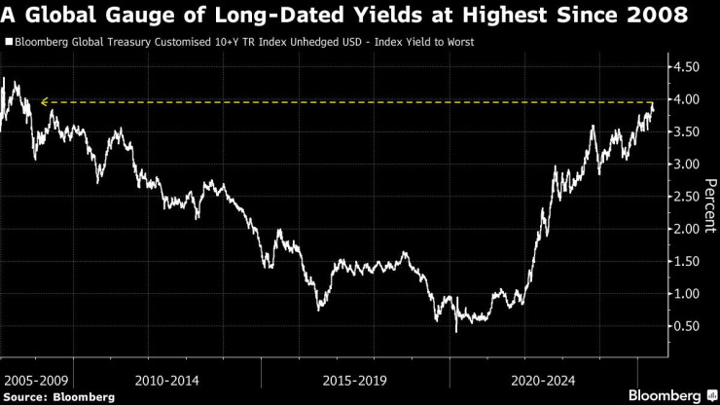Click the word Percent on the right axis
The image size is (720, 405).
coord(709,203)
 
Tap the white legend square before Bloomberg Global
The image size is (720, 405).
coord(8,43)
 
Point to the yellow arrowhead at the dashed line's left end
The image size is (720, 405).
coord(44,101)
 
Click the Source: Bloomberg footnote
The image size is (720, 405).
coord(58,396)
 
